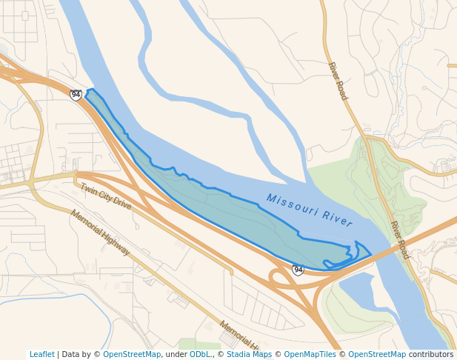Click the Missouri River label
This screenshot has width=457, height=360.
(x=309, y=210)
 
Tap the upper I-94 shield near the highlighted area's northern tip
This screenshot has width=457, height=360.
(x=76, y=95)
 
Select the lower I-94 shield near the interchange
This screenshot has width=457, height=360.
(x=298, y=270)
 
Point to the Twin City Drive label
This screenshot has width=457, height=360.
(x=106, y=196)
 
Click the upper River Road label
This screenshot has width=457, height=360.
(x=337, y=81)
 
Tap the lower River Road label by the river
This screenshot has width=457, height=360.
(x=400, y=240)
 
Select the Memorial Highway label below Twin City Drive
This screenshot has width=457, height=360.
(x=100, y=232)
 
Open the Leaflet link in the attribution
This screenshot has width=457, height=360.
(x=42, y=354)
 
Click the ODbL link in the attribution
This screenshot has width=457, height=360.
(x=200, y=354)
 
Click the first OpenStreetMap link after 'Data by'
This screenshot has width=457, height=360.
(x=132, y=354)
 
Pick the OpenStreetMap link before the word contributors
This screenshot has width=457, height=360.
(x=377, y=354)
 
